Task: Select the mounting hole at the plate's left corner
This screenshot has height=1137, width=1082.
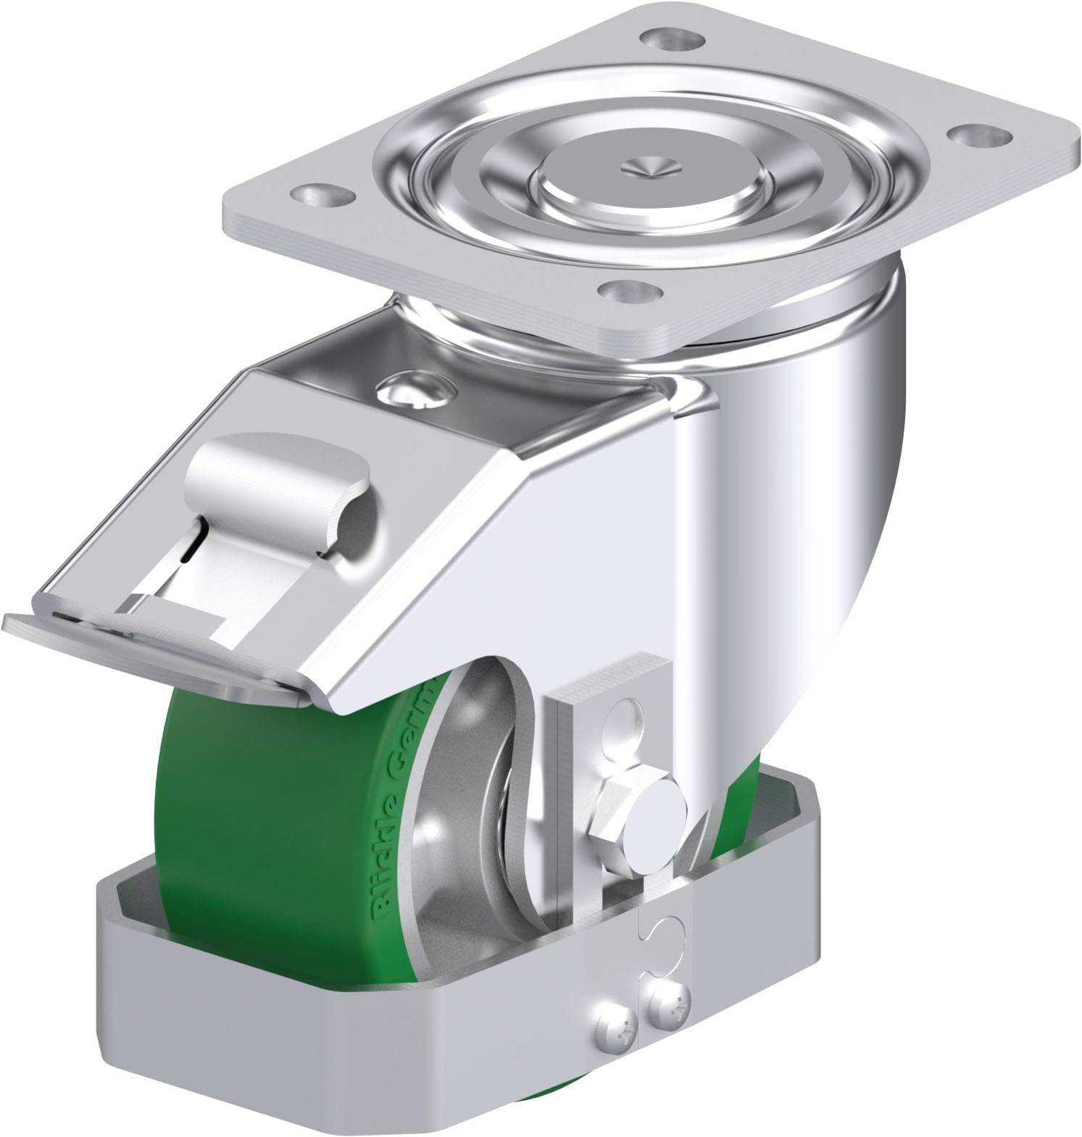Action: [x=317, y=194]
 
